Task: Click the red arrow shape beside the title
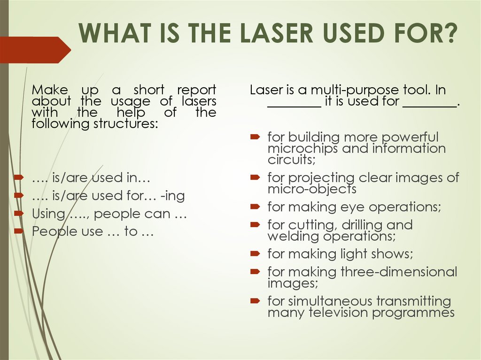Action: click(x=35, y=50)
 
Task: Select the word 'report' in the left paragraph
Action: click(x=196, y=90)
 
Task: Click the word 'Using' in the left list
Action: click(x=48, y=214)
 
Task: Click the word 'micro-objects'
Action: click(x=312, y=189)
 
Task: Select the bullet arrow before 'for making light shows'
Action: click(x=255, y=254)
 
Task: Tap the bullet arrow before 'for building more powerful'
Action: click(x=255, y=137)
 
